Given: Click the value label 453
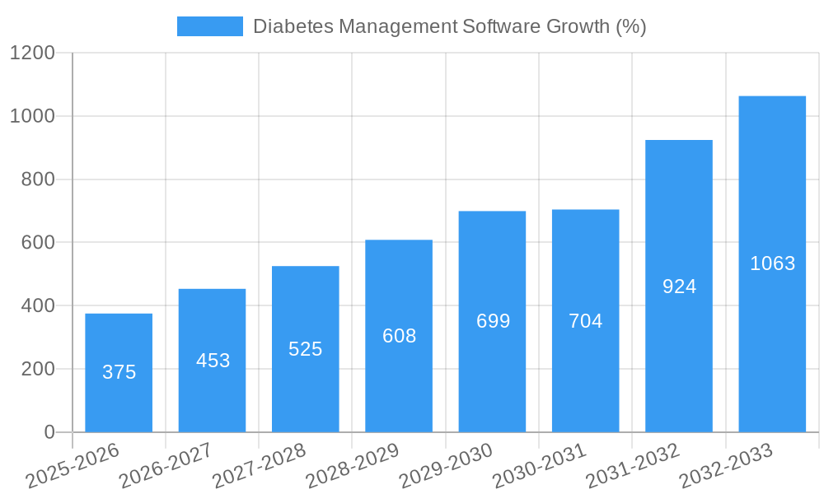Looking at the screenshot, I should [x=213, y=361].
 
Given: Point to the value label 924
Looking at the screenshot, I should [x=679, y=287].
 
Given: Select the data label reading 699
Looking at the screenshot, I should [x=493, y=321].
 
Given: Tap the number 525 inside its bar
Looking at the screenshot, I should [x=305, y=349].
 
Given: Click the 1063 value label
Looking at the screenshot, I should [x=772, y=263].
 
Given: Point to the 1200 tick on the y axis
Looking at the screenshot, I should [x=32, y=54].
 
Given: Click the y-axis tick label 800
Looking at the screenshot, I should [x=38, y=179].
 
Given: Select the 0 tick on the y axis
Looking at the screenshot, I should [x=49, y=432].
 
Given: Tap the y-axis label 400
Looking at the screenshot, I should [x=38, y=306].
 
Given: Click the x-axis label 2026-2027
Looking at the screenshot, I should [x=166, y=465].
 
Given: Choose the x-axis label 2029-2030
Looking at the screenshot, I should [x=446, y=465].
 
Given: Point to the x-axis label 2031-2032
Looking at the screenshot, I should [x=633, y=465].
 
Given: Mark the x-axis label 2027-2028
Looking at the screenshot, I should [x=259, y=465].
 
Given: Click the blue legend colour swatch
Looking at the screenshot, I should [x=209, y=26].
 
